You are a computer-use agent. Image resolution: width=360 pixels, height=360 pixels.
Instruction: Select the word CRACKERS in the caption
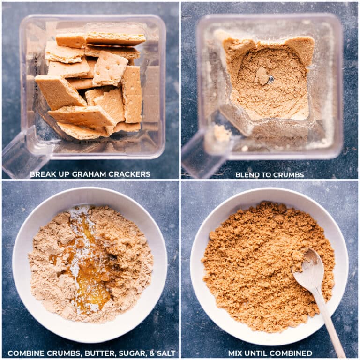[130, 174]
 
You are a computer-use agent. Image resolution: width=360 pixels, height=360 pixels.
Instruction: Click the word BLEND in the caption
[246, 175]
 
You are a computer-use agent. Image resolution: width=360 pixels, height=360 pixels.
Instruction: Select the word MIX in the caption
[236, 353]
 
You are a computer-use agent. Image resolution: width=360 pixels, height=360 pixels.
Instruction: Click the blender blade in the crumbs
[270, 79]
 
